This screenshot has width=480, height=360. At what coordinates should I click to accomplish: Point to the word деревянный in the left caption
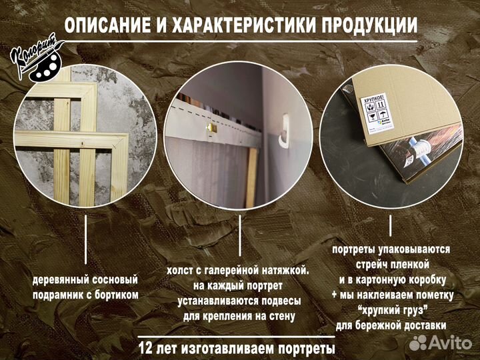click(x=61, y=279)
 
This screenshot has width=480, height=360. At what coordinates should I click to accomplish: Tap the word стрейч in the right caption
click(x=370, y=265)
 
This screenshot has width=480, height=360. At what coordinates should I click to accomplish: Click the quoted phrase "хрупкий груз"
click(x=393, y=310)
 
